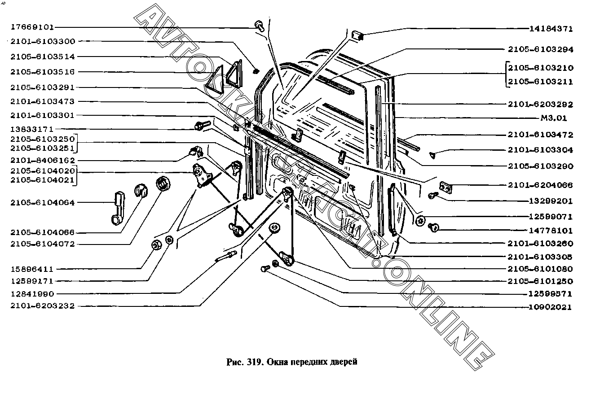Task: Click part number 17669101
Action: pos(32,27)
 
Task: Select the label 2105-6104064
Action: pos(43,202)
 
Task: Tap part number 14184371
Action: pos(551,29)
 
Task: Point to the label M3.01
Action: pos(554,118)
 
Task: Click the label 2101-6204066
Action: pos(540,185)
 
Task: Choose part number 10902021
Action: pos(550,307)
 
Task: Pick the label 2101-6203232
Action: pos(43,306)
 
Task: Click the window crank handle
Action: pos(118,208)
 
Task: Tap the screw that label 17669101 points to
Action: pos(260,26)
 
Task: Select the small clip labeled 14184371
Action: pos(357,35)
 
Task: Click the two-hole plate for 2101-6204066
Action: pos(445,188)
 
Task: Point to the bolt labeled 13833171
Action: pos(203,125)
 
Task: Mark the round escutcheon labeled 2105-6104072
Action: pos(163,183)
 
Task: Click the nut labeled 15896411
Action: pos(156,245)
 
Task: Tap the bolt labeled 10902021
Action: pos(265,269)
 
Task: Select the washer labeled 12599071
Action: pos(420,220)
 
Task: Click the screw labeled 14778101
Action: pos(433,227)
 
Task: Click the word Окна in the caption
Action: pos(277,362)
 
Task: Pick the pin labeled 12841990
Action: pos(226,256)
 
